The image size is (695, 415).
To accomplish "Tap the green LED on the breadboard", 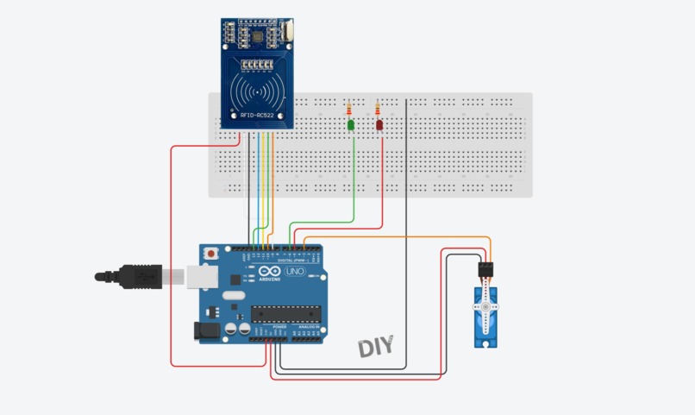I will click(x=351, y=126).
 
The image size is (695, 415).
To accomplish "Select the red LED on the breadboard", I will click(x=379, y=126).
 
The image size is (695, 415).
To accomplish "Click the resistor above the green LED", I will click(x=348, y=110).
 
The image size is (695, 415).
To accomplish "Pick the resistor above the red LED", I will click(x=379, y=110).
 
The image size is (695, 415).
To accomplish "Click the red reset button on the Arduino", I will click(x=211, y=255).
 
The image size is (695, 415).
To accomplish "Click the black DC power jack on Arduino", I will click(x=204, y=330).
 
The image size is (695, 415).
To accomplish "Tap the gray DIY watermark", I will click(x=376, y=347).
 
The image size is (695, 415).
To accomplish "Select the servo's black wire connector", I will click(x=486, y=269).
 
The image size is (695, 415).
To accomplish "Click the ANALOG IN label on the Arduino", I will click(x=307, y=328).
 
